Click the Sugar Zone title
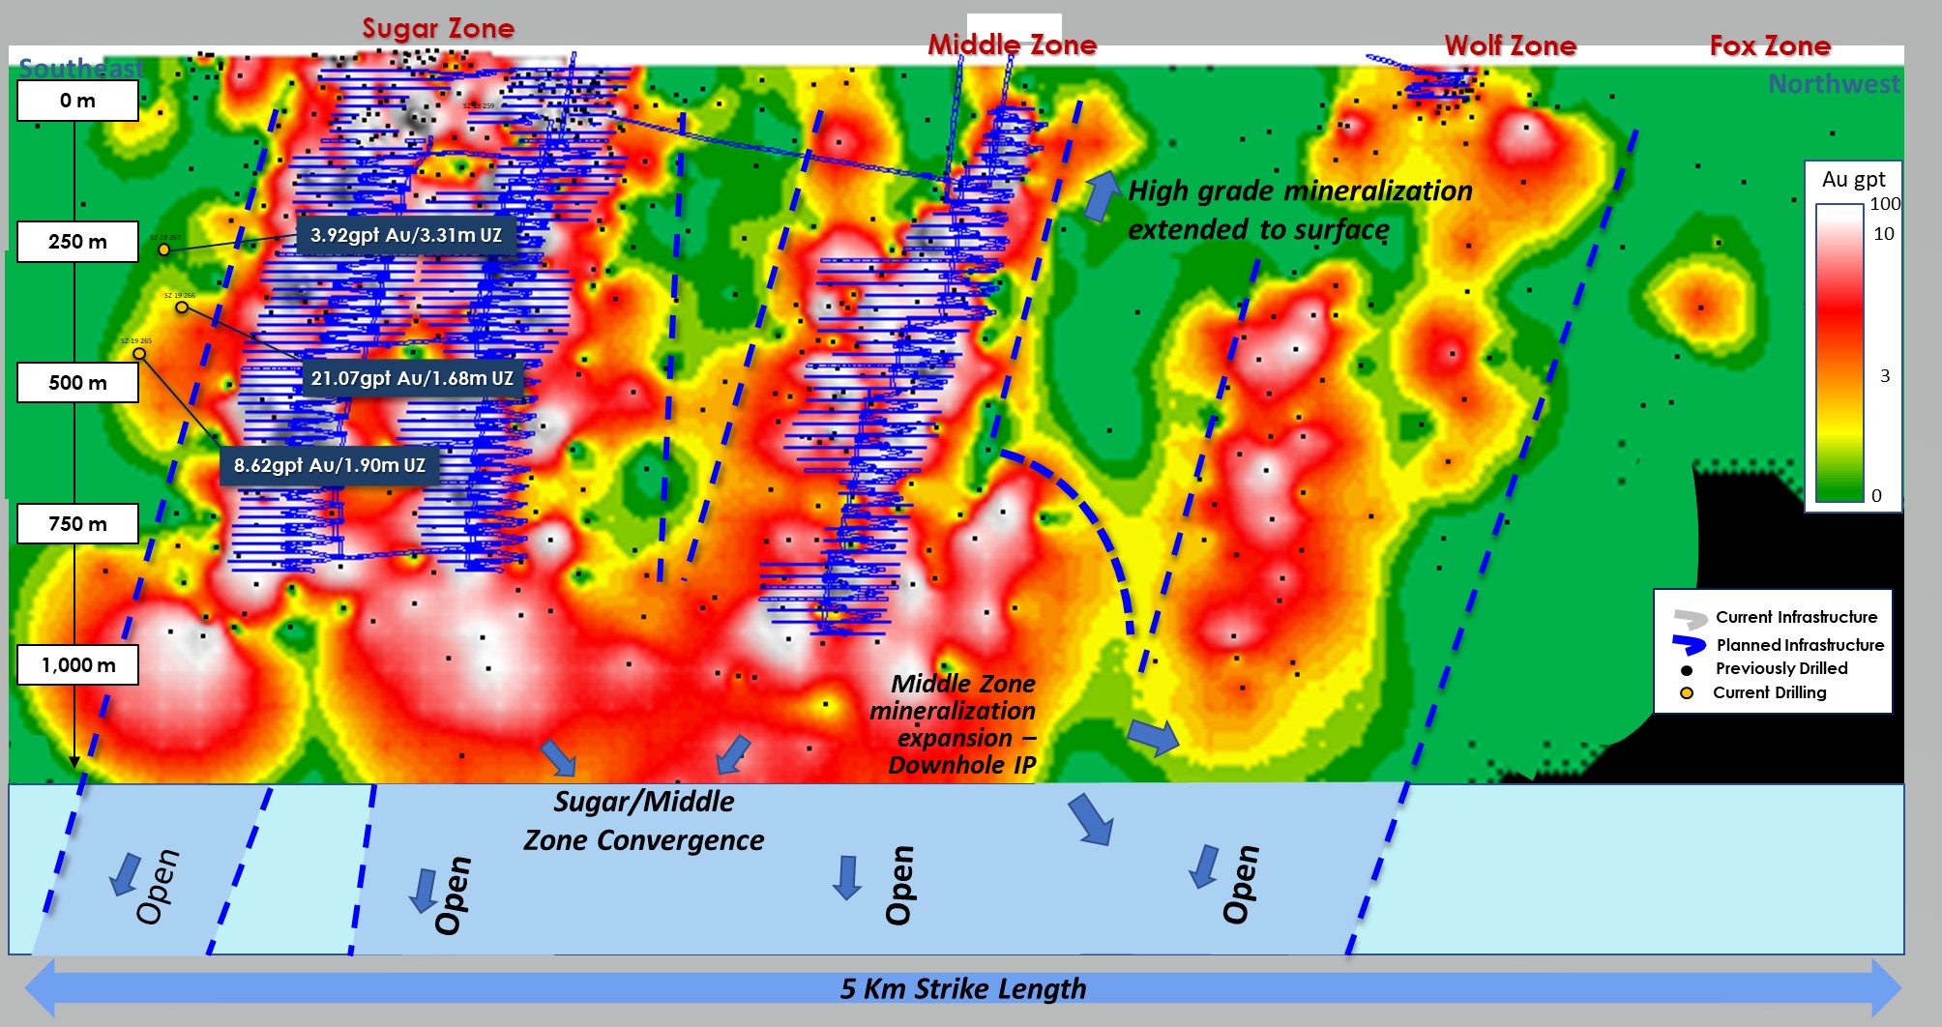coord(438,29)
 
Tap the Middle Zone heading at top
coord(1012,45)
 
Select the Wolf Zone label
coord(1510,46)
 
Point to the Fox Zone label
coord(1770,46)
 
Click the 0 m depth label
coord(77,101)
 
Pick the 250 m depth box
coord(77,242)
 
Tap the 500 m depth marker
coord(77,383)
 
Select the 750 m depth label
coord(77,524)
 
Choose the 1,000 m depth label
coord(77,665)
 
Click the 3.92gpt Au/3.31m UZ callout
coord(405,235)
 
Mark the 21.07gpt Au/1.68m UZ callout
coord(412,378)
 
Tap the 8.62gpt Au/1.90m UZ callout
coord(329,465)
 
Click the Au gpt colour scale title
coord(1853,180)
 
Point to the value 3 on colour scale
coord(1884,376)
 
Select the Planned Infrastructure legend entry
coord(1799,645)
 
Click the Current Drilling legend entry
coord(1769,692)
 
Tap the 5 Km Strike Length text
coord(963,988)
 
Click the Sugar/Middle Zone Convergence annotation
coord(643,821)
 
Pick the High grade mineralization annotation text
coord(1299,210)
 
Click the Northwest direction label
coord(1834,84)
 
